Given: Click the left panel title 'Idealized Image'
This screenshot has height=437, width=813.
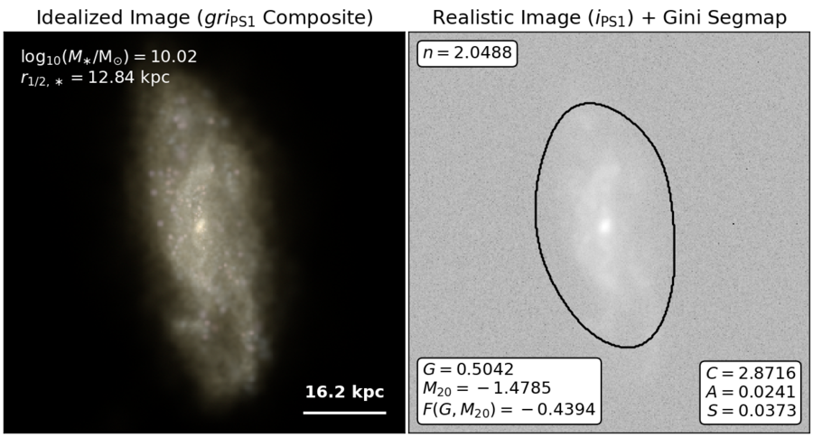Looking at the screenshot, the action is tap(113, 18).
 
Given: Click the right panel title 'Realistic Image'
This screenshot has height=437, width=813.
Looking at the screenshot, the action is tap(507, 18).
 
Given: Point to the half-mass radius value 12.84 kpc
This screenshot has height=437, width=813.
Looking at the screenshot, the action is tap(129, 78).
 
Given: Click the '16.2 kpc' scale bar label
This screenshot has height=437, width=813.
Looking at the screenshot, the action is tap(345, 392).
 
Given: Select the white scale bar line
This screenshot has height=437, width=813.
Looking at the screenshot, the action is tap(345, 413).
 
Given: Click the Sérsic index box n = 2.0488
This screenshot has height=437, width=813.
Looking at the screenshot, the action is tap(467, 53).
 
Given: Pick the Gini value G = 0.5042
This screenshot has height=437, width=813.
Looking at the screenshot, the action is tap(468, 369).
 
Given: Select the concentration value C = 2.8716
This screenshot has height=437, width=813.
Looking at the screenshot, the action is tap(751, 373).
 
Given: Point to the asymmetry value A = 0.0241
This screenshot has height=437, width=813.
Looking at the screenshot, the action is tap(751, 392).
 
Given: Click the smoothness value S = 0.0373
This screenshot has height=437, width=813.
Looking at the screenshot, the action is tap(752, 411).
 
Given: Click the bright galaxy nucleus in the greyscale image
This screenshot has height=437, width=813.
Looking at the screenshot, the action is tap(604, 226).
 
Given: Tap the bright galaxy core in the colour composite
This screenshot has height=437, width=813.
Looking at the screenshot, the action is tap(201, 226).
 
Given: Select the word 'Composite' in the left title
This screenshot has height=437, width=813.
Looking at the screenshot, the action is tap(317, 18).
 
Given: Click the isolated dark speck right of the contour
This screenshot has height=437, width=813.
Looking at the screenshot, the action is tap(734, 224).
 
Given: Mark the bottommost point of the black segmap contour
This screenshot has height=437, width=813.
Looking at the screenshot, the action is tap(628, 347).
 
